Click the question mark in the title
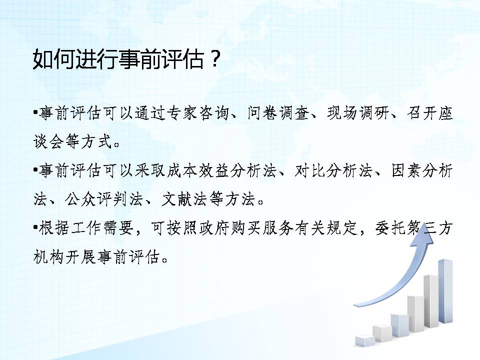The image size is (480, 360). pyautogui.click(x=215, y=59)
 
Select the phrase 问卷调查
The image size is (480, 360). pyautogui.click(x=278, y=113)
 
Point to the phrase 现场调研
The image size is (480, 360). pyautogui.click(x=358, y=113)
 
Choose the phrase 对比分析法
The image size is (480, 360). pyautogui.click(x=333, y=171)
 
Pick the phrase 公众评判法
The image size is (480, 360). pyautogui.click(x=104, y=199)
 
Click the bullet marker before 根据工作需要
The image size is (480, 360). pyautogui.click(x=35, y=228)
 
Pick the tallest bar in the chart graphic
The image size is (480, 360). pyautogui.click(x=445, y=291)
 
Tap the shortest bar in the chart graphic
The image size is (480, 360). pyautogui.click(x=365, y=341)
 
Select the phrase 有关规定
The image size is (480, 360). pyautogui.click(x=326, y=228)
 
